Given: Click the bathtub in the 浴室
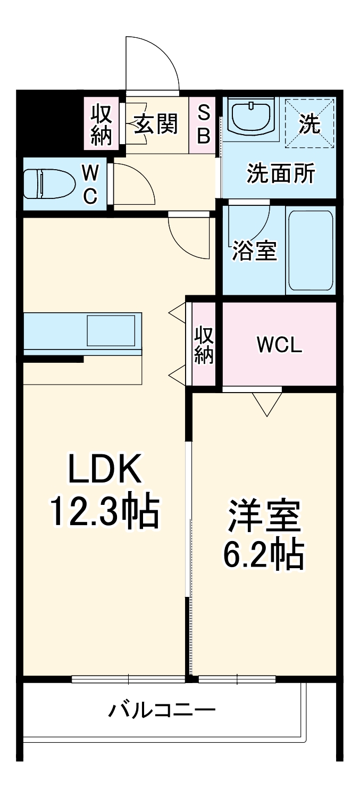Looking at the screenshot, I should (x=311, y=250).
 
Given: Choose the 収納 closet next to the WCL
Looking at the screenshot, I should (x=204, y=345).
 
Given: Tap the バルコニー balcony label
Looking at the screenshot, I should (x=162, y=710).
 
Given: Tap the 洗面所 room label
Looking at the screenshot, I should (x=280, y=174).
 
